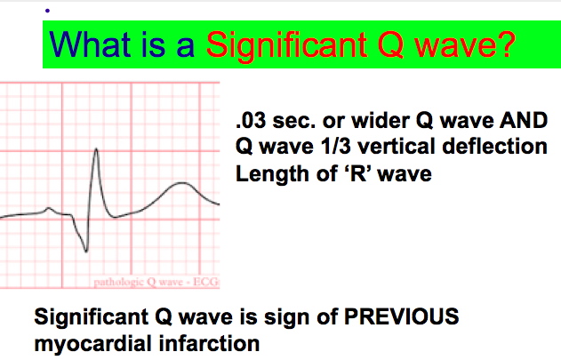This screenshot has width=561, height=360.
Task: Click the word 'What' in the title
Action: (90, 44)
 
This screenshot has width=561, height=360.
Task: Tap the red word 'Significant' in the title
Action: (286, 46)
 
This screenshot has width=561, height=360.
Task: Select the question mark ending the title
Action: (506, 44)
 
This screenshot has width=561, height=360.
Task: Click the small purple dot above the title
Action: (47, 11)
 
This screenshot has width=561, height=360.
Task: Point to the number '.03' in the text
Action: (251, 121)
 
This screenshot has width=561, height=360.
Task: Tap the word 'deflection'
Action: (495, 147)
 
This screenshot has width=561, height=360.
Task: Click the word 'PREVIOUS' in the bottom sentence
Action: (401, 316)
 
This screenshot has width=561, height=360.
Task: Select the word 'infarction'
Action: (209, 343)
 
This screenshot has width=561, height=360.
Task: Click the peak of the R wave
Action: (96, 148)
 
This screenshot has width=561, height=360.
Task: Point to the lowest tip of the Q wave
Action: (86, 252)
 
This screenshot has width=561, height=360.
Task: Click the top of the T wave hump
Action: (182, 183)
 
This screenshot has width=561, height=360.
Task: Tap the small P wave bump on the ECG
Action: (49, 208)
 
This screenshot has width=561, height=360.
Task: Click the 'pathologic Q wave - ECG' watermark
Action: (156, 283)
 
